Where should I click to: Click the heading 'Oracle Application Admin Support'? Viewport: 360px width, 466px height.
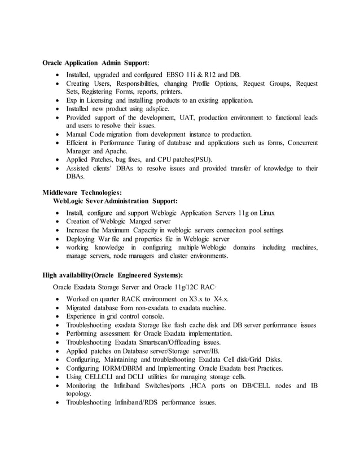(96, 63)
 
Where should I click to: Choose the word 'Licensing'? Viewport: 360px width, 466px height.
(99, 100)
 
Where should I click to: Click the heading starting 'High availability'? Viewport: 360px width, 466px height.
(113, 275)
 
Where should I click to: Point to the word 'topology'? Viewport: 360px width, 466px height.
(79, 394)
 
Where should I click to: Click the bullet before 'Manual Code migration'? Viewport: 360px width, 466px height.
(58, 134)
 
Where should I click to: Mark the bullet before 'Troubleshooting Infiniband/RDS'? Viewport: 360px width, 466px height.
(58, 403)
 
